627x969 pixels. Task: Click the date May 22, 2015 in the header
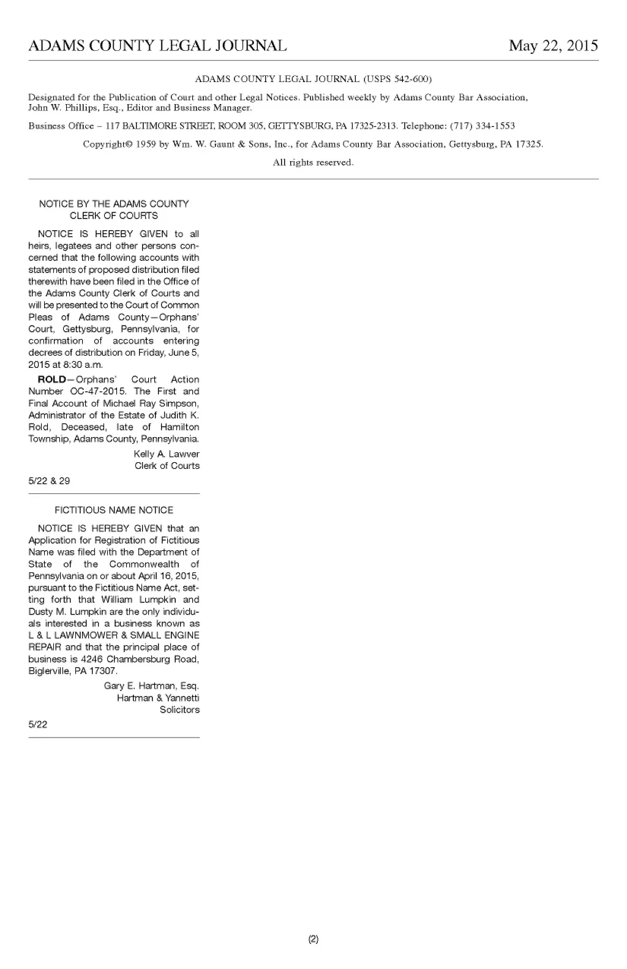click(x=553, y=46)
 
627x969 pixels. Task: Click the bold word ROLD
click(x=51, y=380)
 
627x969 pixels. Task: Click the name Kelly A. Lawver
click(x=166, y=454)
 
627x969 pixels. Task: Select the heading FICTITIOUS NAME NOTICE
click(x=114, y=511)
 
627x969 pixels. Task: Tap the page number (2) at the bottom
click(x=313, y=939)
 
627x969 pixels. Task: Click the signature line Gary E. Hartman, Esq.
click(x=151, y=686)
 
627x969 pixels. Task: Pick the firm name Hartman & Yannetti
click(x=158, y=698)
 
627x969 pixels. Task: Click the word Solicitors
click(x=179, y=710)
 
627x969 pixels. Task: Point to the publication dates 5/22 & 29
click(x=49, y=481)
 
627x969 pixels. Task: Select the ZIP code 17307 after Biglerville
click(x=103, y=671)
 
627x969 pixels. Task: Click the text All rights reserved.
click(x=313, y=163)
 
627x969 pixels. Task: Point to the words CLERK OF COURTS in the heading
click(x=114, y=216)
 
